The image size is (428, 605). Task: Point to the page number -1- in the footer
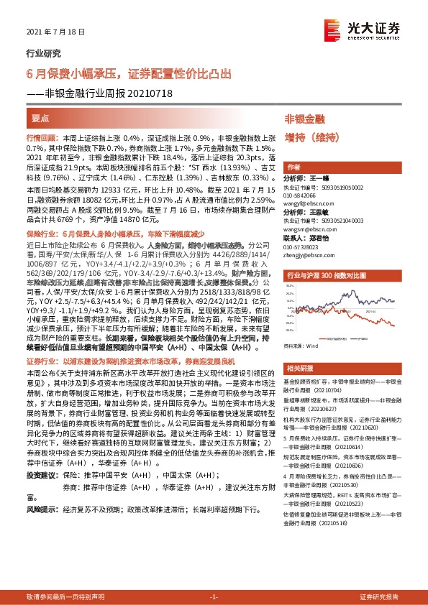tap(214, 597)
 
